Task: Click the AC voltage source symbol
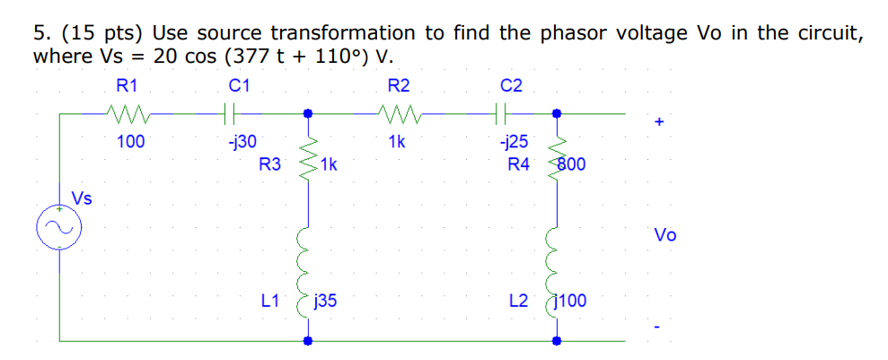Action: (60, 229)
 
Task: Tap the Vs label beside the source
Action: (82, 198)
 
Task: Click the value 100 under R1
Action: (131, 141)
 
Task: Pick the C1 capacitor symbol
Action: (230, 114)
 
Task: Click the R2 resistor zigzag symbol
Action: (397, 114)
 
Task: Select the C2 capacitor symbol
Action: (502, 114)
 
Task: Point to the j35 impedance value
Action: (326, 302)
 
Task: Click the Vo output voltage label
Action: (665, 236)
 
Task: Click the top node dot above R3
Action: (308, 114)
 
